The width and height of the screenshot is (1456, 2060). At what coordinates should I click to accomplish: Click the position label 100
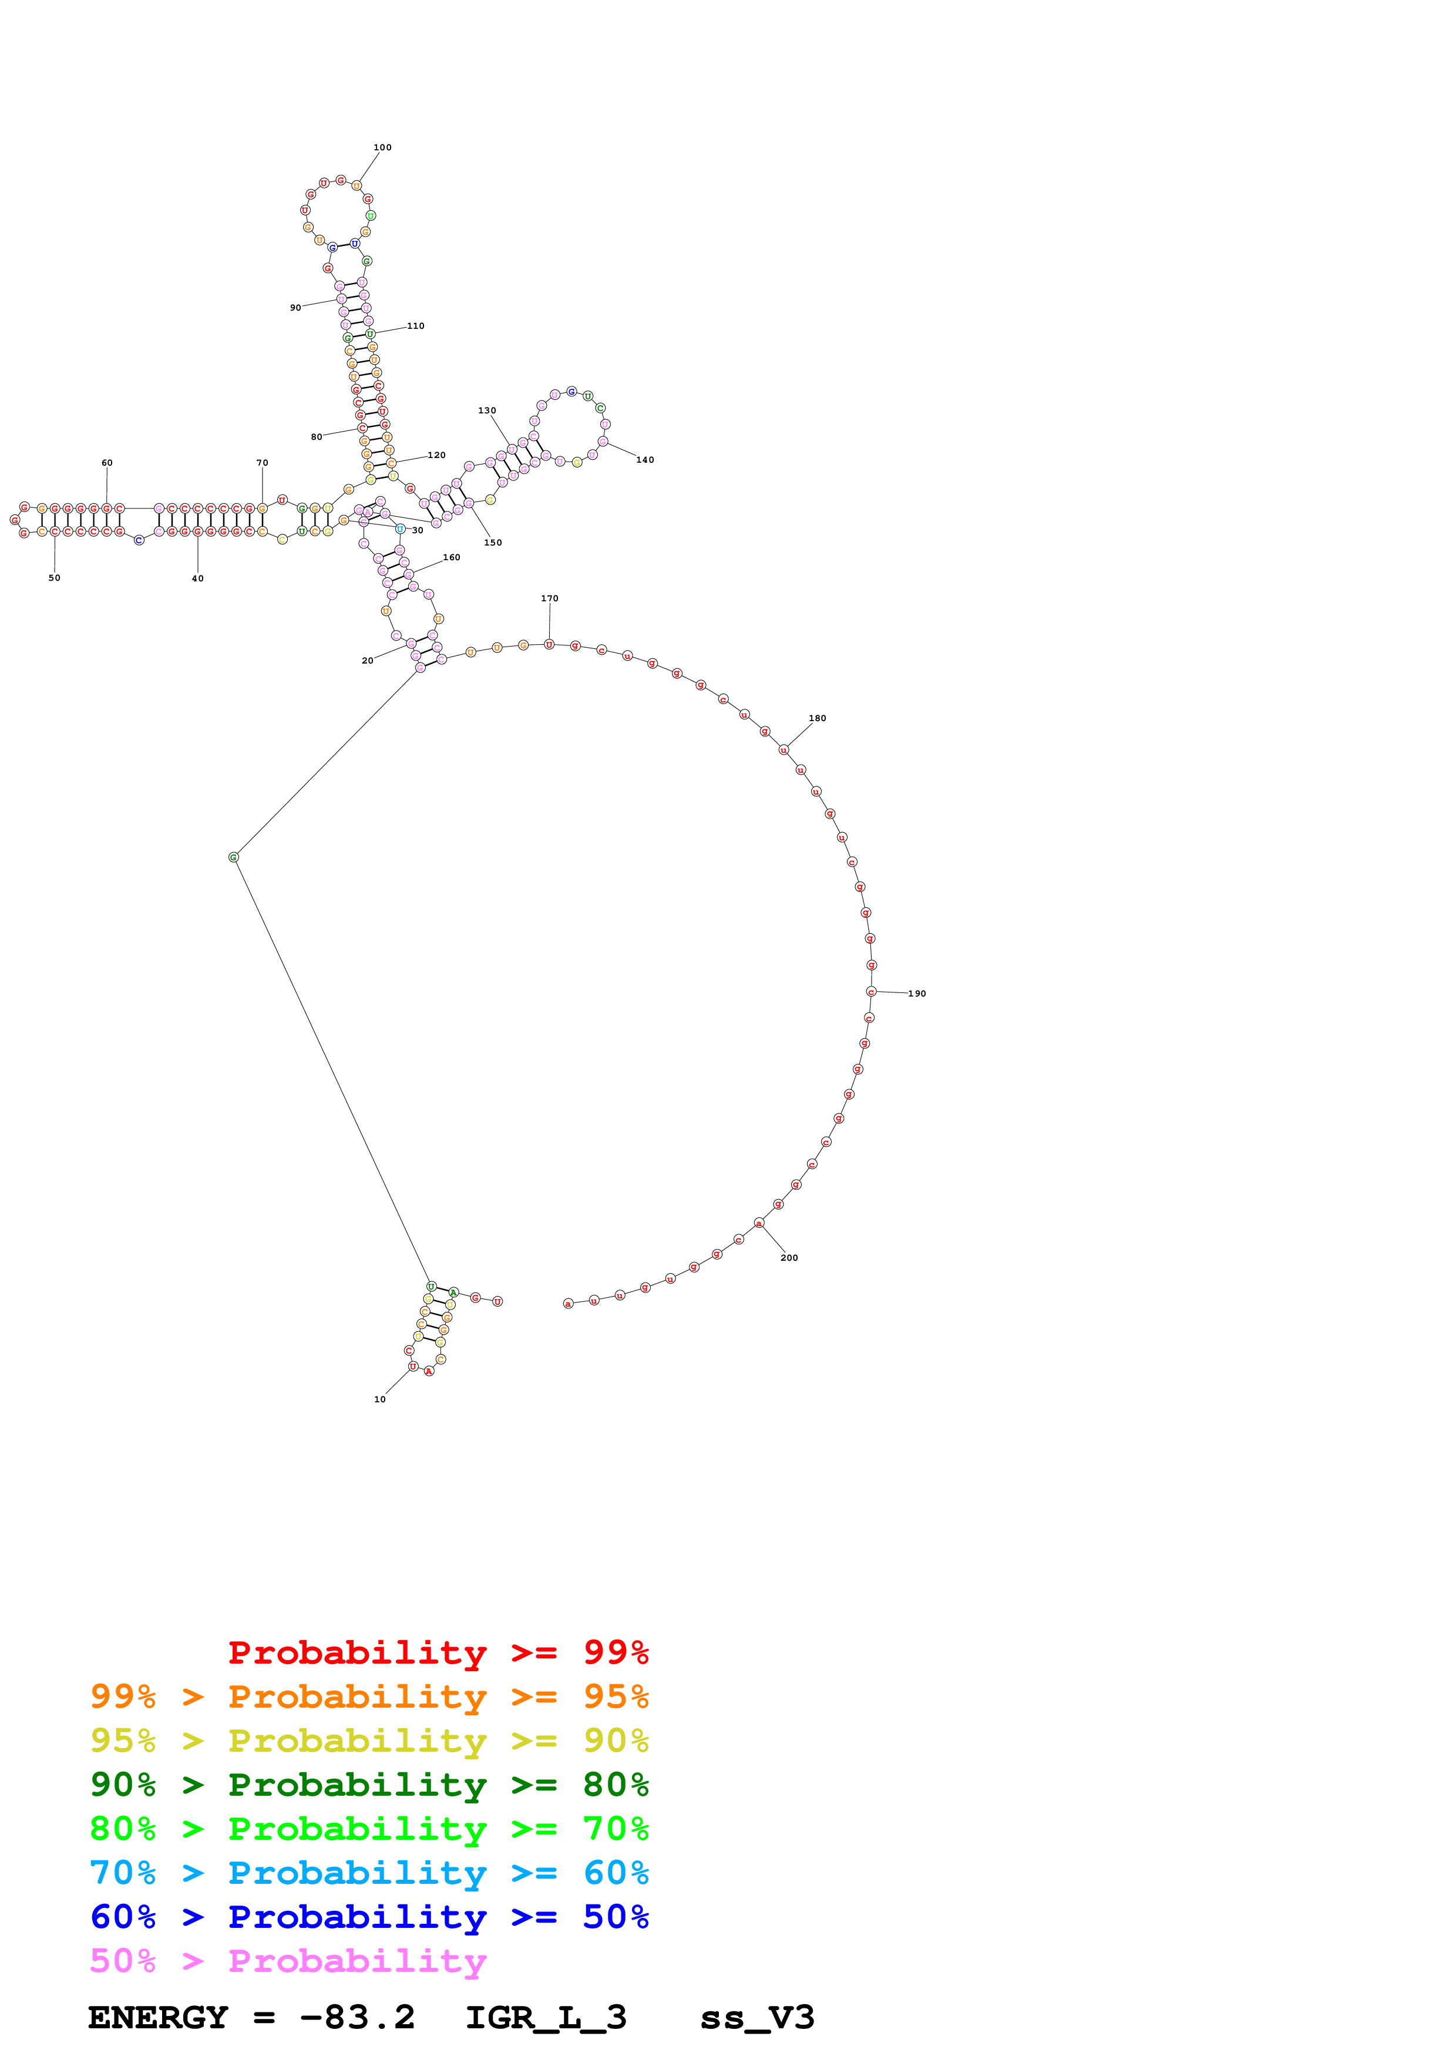click(x=382, y=147)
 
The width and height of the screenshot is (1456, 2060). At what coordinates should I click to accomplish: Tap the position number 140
click(x=645, y=460)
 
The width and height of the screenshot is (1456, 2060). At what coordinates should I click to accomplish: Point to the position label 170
click(x=549, y=598)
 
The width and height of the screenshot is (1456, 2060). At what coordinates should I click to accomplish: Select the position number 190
click(x=917, y=994)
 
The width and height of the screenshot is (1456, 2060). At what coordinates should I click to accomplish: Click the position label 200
click(x=789, y=1258)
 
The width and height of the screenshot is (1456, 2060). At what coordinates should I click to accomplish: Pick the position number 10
click(x=379, y=1399)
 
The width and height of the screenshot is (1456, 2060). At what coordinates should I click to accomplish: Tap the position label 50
click(x=55, y=578)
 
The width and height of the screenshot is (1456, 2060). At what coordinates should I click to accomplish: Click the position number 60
click(x=107, y=463)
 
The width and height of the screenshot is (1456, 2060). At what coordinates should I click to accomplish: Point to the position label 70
click(x=262, y=463)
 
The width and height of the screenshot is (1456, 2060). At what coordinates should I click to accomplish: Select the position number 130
click(x=486, y=411)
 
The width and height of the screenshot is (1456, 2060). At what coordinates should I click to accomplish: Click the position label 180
click(x=817, y=719)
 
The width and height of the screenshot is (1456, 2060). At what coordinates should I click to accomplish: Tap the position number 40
click(x=197, y=578)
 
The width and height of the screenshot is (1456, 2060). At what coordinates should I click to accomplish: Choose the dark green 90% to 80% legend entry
click(x=369, y=1785)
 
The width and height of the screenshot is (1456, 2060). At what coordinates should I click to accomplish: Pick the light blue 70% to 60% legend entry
click(x=369, y=1873)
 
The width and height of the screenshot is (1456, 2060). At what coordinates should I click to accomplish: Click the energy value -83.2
click(x=357, y=2017)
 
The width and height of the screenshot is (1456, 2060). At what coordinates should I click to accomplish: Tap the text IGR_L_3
click(x=546, y=2017)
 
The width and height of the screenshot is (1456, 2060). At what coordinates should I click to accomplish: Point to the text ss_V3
click(x=757, y=2017)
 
